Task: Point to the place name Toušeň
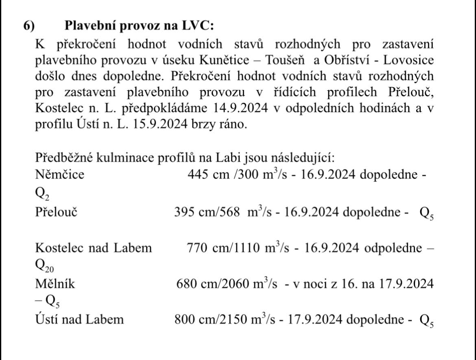285,60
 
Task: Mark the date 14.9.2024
250,109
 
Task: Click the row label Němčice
60,175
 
